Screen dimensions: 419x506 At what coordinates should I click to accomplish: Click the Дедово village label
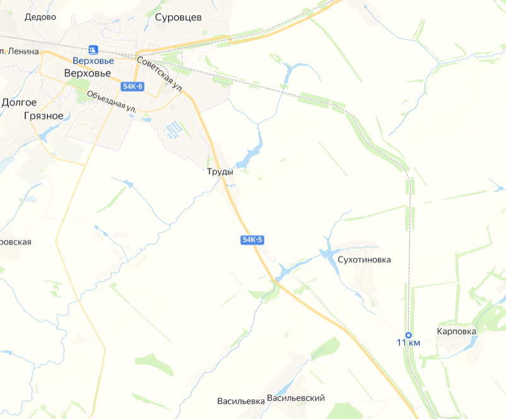tap(40, 17)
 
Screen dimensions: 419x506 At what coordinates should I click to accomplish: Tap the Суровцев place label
tap(178, 18)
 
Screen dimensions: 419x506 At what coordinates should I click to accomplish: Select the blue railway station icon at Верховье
tap(93, 49)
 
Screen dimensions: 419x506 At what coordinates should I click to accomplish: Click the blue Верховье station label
tap(93, 61)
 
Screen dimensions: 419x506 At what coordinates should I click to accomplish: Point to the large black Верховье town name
tap(88, 73)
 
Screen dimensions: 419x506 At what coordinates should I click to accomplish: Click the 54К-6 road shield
tap(134, 86)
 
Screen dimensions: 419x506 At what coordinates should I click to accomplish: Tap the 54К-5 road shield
tap(251, 240)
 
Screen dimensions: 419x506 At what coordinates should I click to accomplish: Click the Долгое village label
tap(19, 102)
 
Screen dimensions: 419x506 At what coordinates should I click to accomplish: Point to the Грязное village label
tap(43, 116)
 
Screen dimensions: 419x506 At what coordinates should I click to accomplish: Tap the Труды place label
tap(220, 172)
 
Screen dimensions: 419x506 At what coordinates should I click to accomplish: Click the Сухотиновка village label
tap(365, 259)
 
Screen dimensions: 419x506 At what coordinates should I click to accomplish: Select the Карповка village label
tap(456, 331)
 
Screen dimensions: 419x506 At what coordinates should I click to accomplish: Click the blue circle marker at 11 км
tap(408, 335)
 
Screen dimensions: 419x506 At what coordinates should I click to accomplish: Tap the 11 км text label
tap(408, 343)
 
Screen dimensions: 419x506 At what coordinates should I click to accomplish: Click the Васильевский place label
tap(296, 398)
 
